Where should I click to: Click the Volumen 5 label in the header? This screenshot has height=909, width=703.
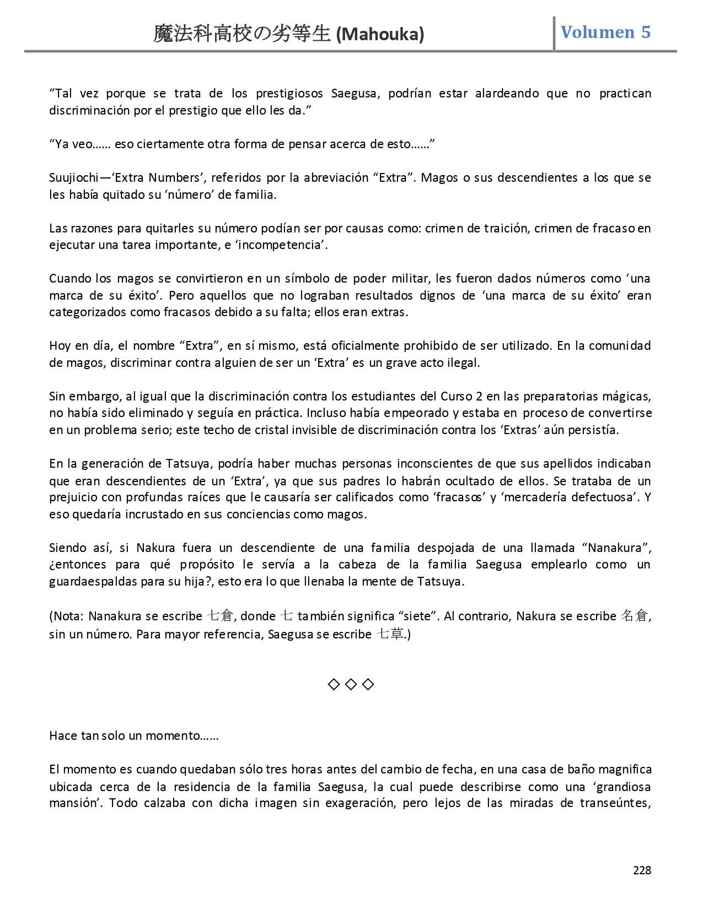tap(605, 33)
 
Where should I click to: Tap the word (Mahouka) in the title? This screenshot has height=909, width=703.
tap(380, 35)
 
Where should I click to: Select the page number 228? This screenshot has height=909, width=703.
tap(642, 870)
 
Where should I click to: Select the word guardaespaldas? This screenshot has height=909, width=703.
tap(93, 582)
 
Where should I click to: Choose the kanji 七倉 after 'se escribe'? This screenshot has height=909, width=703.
tap(221, 616)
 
